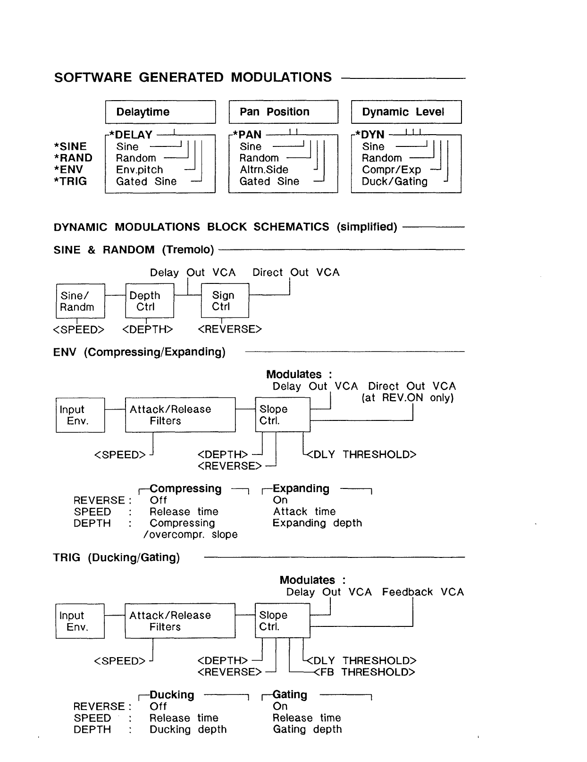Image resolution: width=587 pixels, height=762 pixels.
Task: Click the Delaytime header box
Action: click(x=160, y=112)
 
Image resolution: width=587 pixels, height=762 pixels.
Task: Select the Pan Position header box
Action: click(x=283, y=112)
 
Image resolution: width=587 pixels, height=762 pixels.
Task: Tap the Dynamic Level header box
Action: click(x=406, y=112)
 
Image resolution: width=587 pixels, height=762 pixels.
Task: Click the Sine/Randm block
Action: click(x=80, y=301)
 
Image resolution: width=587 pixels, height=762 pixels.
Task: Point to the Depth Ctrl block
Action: click(x=150, y=301)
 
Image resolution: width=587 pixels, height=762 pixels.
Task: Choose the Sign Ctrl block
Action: click(x=225, y=301)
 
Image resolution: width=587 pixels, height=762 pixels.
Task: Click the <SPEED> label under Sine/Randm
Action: click(x=79, y=330)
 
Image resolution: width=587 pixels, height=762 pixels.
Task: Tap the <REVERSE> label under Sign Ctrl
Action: click(x=230, y=329)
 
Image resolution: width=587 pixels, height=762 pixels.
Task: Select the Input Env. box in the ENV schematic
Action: click(x=80, y=415)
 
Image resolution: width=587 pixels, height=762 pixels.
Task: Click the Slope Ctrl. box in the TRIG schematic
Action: click(x=282, y=621)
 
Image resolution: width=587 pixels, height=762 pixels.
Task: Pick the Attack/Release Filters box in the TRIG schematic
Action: click(x=180, y=621)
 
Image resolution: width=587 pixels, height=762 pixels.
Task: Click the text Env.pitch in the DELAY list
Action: click(x=139, y=170)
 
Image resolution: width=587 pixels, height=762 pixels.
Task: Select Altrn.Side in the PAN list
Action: click(x=263, y=170)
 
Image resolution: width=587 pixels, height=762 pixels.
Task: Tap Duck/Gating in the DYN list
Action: click(x=394, y=182)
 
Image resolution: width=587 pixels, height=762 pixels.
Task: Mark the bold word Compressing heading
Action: click(x=185, y=489)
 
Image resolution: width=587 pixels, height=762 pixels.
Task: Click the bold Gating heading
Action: click(x=290, y=695)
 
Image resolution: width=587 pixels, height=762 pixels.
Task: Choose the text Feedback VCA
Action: click(x=423, y=592)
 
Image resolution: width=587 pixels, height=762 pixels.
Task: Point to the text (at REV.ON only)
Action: click(x=408, y=398)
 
